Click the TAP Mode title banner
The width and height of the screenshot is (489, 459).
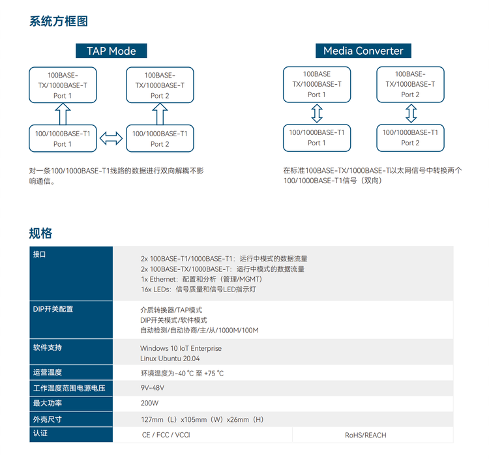point(111,51)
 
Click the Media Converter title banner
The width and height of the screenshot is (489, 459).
point(363,51)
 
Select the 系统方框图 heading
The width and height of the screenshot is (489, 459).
point(59,21)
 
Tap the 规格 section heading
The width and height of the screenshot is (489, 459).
point(40,233)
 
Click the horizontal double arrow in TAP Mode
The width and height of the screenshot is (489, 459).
point(111,138)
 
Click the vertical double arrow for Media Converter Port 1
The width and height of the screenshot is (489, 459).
point(317,114)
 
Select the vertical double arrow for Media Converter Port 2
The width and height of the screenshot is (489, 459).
point(411,114)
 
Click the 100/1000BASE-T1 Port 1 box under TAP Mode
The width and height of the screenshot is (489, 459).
point(63,138)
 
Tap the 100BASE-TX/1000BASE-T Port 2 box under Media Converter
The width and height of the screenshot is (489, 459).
point(411,85)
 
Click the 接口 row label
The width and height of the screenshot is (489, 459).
point(40,254)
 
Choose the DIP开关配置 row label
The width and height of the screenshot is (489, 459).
point(53,309)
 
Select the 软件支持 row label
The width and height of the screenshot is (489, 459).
point(47,348)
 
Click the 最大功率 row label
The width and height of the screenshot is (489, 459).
point(47,404)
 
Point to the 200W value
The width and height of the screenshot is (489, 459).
point(149,404)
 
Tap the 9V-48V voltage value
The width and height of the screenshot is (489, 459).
point(153,388)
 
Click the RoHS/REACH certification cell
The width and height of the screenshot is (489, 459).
point(365,435)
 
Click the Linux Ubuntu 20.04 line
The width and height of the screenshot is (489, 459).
point(170,359)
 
